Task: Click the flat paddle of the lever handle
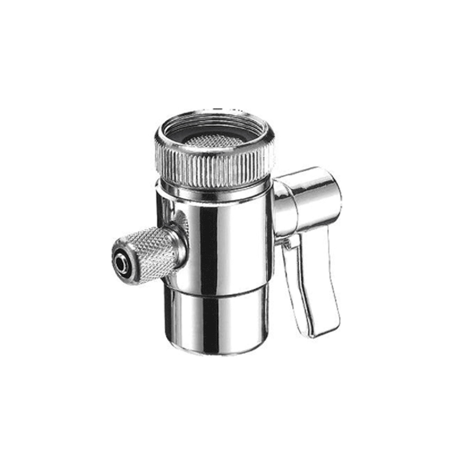click(x=311, y=283)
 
